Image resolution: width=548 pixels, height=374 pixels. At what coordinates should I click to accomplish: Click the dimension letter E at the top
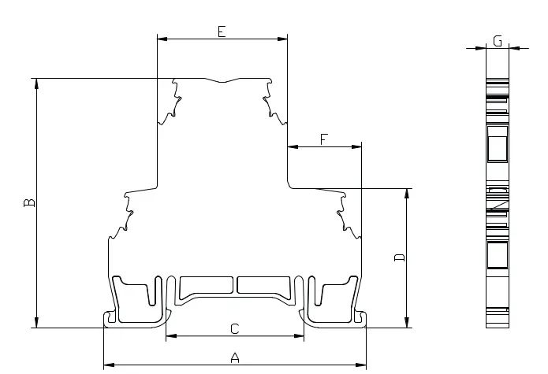click(222, 31)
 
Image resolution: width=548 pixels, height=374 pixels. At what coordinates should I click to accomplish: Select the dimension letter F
click(324, 139)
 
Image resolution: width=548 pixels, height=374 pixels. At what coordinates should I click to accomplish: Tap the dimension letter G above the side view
click(498, 41)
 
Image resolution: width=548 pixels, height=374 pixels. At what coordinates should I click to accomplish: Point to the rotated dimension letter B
click(29, 202)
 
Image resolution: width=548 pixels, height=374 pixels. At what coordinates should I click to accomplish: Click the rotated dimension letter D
click(399, 257)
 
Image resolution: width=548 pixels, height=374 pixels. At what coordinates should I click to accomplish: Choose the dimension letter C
click(235, 328)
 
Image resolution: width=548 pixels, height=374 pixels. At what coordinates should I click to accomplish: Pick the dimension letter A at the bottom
click(235, 357)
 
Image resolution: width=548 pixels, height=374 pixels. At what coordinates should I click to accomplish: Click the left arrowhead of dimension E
click(162, 39)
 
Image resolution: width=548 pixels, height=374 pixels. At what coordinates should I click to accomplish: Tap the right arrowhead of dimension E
click(282, 39)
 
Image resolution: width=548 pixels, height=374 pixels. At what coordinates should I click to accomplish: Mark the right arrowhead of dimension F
click(356, 147)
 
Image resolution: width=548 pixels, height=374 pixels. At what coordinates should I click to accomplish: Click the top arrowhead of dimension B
click(37, 83)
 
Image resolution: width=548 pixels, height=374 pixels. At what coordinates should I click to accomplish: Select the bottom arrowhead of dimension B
click(37, 323)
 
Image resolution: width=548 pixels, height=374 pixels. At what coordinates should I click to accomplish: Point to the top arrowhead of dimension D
click(406, 194)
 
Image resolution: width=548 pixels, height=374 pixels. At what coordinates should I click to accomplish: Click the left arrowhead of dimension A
click(109, 365)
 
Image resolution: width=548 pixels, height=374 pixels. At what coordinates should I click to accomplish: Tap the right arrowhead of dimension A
click(361, 365)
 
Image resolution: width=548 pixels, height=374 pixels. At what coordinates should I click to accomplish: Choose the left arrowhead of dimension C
click(171, 336)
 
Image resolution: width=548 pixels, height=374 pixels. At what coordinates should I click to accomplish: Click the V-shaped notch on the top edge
click(222, 81)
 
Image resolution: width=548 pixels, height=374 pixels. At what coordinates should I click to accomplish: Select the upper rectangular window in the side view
click(498, 144)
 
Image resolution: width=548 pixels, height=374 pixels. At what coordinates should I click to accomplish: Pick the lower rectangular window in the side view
click(498, 254)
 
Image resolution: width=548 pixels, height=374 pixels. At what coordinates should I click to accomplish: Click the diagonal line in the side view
click(498, 206)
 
